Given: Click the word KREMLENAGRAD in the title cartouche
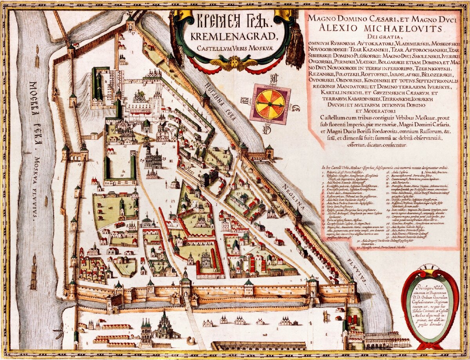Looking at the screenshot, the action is coord(234,38).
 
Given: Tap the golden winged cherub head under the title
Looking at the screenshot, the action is coord(234,63).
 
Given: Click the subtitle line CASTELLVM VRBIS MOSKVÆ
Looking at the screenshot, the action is coord(234,49).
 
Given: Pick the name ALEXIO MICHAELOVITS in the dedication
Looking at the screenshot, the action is coord(381,29).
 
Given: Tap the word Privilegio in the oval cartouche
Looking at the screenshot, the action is coord(430,286).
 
